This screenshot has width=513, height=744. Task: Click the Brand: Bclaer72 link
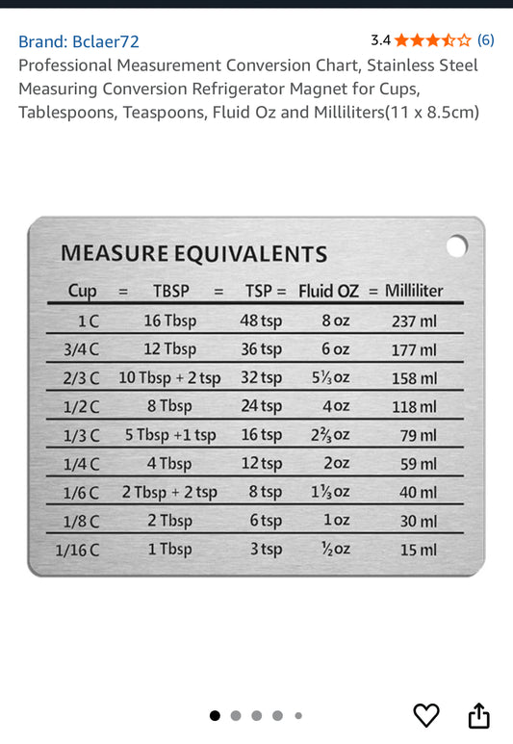[79, 41]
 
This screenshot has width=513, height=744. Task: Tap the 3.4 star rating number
[380, 40]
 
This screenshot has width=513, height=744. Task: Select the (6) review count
[486, 40]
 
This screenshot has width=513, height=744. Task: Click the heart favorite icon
[426, 715]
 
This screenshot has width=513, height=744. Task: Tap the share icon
[478, 715]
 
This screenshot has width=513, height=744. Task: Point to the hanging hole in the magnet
[457, 246]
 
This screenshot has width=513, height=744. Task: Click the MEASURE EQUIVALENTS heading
[193, 254]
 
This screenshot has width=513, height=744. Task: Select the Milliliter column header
[414, 291]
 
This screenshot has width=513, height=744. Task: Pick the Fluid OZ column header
[329, 291]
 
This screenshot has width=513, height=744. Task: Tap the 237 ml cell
[413, 321]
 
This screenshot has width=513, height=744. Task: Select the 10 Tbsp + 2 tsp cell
[169, 378]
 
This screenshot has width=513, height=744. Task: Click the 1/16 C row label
[77, 551]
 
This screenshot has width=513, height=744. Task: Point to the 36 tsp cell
[261, 349]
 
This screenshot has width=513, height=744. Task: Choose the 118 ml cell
[413, 407]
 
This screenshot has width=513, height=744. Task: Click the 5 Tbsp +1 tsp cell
[170, 435]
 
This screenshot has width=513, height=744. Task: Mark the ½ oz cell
[335, 550]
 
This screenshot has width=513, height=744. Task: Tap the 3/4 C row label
[82, 349]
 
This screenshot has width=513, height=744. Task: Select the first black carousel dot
[215, 715]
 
